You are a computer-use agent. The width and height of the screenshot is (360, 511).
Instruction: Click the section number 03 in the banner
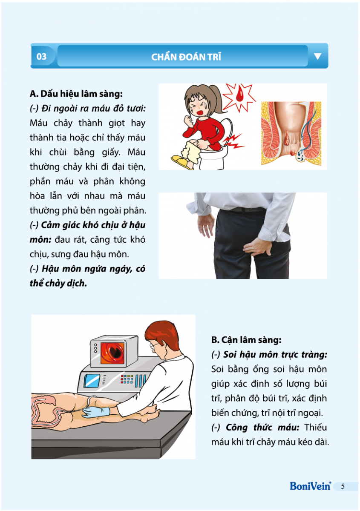click(41, 56)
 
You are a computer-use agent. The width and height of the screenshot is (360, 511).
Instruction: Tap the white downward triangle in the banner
click(317, 56)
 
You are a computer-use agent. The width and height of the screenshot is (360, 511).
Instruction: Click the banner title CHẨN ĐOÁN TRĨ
click(186, 57)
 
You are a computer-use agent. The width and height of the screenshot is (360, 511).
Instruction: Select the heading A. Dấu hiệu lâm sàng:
click(76, 94)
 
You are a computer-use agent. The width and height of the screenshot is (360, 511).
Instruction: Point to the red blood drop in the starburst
click(239, 93)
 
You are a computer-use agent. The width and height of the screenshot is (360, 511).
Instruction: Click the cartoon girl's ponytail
click(218, 98)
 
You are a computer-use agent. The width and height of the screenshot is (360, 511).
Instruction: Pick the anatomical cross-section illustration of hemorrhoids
click(291, 133)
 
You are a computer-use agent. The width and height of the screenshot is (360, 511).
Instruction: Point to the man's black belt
click(245, 209)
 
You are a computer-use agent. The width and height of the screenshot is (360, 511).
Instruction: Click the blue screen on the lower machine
click(92, 381)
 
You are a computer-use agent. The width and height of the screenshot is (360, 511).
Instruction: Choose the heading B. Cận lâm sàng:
click(246, 340)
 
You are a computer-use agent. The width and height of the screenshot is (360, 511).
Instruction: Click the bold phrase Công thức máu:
click(262, 428)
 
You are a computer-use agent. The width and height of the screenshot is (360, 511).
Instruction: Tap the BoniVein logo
click(311, 486)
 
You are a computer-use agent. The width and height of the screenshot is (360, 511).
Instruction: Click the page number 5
click(343, 486)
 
